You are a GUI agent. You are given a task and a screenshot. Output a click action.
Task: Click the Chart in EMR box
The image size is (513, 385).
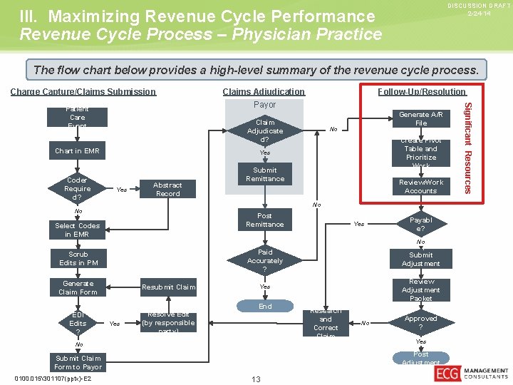click(x=78, y=151)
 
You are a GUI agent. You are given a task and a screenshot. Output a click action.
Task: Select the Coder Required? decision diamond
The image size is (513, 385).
click(x=77, y=189)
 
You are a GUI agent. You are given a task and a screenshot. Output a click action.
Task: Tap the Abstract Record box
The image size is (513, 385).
click(x=167, y=189)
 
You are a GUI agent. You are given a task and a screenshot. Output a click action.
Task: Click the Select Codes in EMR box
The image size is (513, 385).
click(x=78, y=230)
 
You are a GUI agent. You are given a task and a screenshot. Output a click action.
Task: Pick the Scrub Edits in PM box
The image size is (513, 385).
click(x=78, y=258)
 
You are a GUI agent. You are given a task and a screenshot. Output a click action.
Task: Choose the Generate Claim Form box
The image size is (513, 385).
click(x=78, y=287)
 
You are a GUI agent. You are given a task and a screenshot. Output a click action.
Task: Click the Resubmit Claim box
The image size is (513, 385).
click(x=167, y=287)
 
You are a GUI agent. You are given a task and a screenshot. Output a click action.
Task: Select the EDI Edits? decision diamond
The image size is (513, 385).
click(x=78, y=323)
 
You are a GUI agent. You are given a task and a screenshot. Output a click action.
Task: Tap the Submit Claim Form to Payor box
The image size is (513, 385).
click(x=78, y=362)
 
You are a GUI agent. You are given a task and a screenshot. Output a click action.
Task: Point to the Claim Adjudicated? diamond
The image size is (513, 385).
click(x=265, y=131)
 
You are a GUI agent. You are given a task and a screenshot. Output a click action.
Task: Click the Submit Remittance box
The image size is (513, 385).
click(x=265, y=175)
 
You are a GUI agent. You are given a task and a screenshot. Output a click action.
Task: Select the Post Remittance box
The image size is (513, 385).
click(x=265, y=220)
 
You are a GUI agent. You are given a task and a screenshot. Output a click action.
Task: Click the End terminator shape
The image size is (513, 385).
click(x=265, y=306)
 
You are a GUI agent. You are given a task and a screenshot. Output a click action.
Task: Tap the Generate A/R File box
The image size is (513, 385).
click(x=420, y=118)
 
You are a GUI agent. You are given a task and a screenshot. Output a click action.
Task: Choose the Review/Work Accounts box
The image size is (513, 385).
click(x=420, y=186)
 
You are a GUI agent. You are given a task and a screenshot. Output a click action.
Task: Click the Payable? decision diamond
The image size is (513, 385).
click(x=420, y=225)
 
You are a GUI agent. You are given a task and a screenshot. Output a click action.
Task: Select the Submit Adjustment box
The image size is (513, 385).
click(x=420, y=259)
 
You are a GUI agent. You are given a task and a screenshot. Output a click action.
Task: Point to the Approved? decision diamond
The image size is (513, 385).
click(x=420, y=322)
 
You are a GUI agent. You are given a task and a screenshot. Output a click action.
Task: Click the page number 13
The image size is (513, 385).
click(x=256, y=379)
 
